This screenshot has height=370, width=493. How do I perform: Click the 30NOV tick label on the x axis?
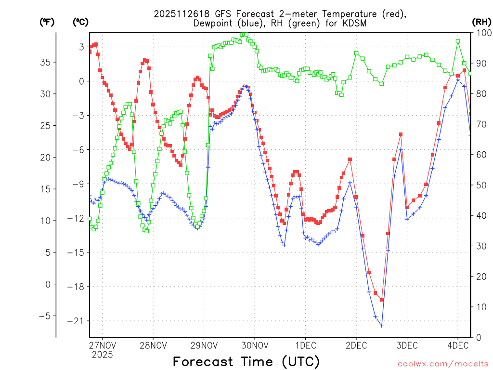click(255, 345)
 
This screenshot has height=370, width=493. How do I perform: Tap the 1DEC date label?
click(305, 345)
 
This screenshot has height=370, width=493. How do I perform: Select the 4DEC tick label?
click(457, 345)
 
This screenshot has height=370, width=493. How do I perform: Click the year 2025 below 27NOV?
click(103, 355)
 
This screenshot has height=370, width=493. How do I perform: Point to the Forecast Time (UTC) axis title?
click(246, 361)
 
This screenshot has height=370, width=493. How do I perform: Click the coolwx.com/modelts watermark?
click(443, 364)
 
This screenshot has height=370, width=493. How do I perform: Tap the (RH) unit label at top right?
click(481, 22)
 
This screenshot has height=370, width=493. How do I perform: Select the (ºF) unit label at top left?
click(47, 22)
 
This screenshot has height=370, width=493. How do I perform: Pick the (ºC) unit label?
click(80, 22)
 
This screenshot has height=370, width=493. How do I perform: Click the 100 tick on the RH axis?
click(481, 33)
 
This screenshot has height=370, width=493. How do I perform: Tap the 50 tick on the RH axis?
click(481, 185)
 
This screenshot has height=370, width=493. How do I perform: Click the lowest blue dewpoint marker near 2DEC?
click(381, 326)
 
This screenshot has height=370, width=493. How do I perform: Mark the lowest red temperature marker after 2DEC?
click(381, 300)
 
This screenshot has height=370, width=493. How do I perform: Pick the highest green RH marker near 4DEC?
click(458, 41)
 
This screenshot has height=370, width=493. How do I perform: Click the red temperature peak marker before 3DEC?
click(401, 134)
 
